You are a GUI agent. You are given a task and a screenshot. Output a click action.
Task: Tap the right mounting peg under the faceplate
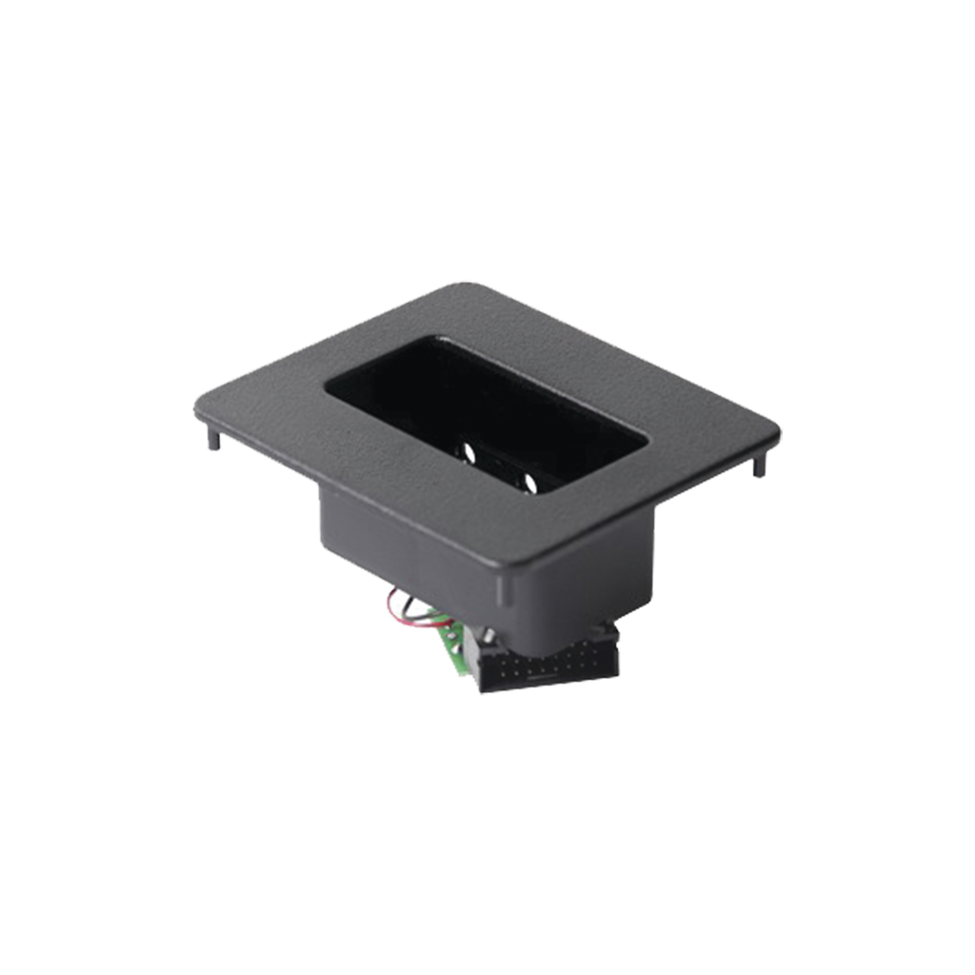coord(758,468)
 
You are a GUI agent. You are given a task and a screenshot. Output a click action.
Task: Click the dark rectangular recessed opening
coord(486,409)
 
